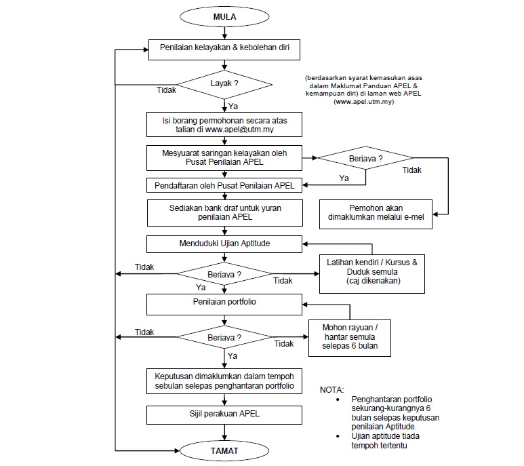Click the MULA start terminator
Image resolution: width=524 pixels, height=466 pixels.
click(224, 16)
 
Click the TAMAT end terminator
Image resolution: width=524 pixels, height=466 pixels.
click(224, 450)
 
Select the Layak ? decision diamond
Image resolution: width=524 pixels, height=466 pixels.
click(224, 83)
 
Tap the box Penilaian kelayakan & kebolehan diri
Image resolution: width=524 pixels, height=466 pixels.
click(224, 49)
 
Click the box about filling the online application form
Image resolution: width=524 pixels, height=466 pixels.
click(224, 123)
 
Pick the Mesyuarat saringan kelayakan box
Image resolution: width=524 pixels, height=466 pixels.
click(224, 158)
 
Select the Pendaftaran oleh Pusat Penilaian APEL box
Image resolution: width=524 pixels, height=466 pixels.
click(224, 185)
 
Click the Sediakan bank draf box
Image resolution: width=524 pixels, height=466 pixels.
click(224, 212)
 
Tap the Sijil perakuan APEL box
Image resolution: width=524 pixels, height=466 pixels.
click(224, 414)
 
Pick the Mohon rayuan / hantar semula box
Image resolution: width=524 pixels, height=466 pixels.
click(350, 337)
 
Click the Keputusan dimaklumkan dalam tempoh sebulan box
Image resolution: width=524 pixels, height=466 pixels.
click(224, 381)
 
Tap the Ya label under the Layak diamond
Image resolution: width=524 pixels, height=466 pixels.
click(233, 106)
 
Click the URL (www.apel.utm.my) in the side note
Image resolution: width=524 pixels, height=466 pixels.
click(363, 102)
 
